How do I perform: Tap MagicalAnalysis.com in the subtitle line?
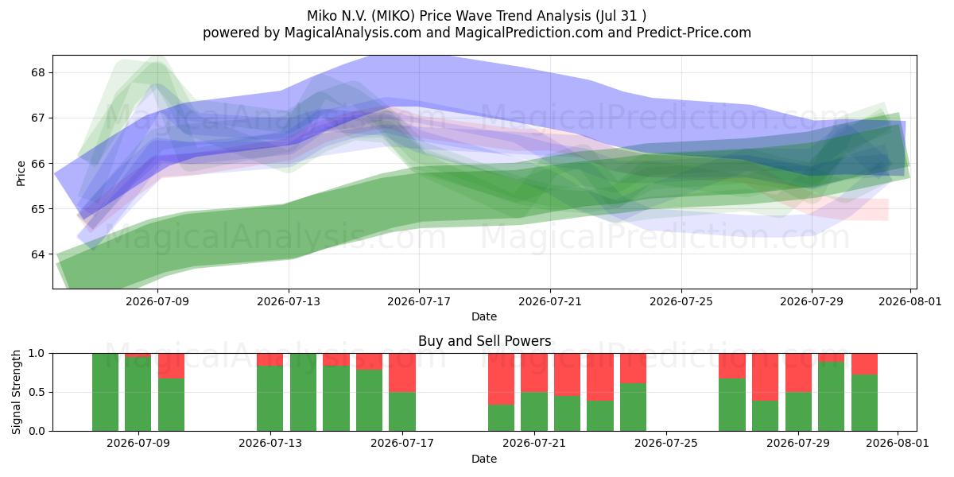point(353,33)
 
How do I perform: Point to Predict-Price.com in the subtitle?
point(694,33)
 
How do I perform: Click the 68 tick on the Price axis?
point(38,72)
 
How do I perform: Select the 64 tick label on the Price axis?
point(38,254)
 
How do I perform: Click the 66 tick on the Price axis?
point(38,164)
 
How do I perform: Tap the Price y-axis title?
point(21,173)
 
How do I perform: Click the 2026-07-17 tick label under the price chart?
point(419,301)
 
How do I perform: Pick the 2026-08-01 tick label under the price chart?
point(910,301)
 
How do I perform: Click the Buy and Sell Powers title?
point(485,341)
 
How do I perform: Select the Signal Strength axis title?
point(16,392)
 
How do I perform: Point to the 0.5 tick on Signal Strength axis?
point(37,392)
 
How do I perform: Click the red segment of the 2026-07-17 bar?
point(402,373)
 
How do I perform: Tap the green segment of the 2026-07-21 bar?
point(534,412)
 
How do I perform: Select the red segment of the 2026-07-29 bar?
point(798,373)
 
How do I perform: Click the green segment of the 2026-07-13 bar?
point(270,398)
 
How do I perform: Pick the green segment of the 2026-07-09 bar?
point(138,394)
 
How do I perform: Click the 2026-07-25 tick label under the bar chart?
point(666,444)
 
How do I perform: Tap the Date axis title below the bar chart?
point(484,459)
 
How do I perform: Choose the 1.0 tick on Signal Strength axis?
point(37,354)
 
